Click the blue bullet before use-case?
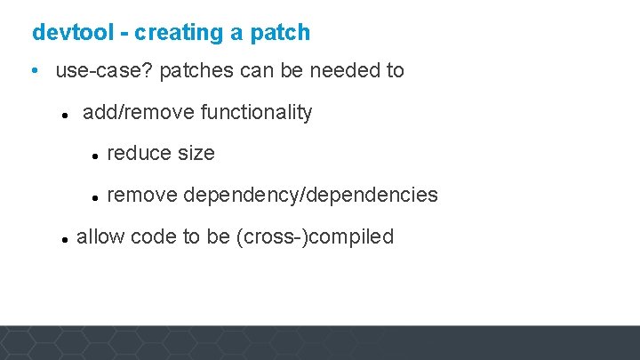click(33, 71)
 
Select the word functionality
click(257, 112)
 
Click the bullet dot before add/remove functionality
click(65, 115)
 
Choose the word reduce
click(139, 153)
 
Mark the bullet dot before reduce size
click(93, 156)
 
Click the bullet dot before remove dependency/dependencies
click(93, 196)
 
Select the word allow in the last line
click(99, 236)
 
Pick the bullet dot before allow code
click(65, 239)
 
